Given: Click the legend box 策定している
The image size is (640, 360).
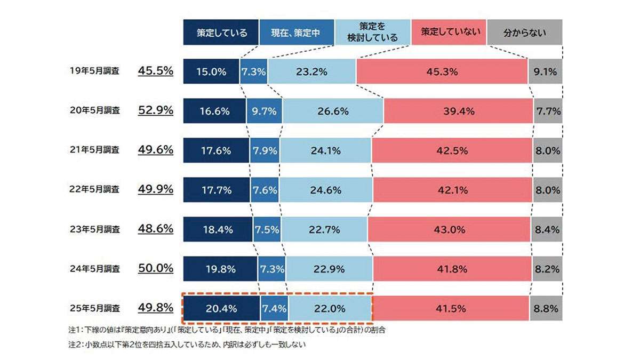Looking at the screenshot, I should [221, 32].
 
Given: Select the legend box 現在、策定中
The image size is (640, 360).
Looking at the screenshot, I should [297, 32].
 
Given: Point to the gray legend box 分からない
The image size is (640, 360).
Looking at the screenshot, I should [524, 32].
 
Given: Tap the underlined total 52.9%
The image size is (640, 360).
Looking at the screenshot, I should [156, 111].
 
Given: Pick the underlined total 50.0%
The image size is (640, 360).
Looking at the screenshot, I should [156, 268].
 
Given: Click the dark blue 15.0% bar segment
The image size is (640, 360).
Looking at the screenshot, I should [211, 71].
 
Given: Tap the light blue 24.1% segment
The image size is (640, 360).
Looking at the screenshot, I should [325, 150].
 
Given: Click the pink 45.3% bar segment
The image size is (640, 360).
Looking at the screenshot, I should [442, 71].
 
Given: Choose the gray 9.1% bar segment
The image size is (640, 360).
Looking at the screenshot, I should [545, 71].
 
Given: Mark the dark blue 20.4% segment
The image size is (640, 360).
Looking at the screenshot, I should [221, 308].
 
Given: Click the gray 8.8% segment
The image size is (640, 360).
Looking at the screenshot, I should [546, 308].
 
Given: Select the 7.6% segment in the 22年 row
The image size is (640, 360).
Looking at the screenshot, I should [263, 190].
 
